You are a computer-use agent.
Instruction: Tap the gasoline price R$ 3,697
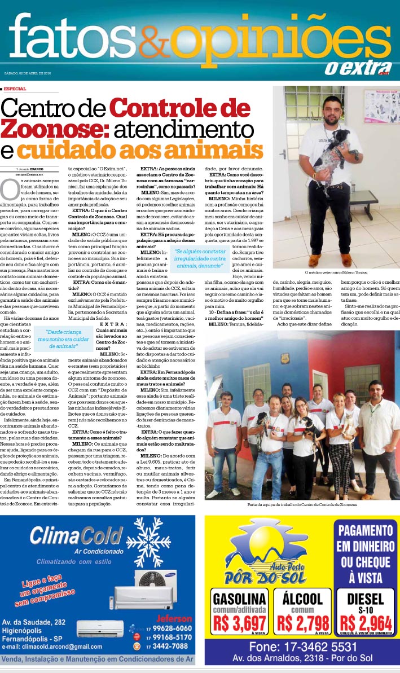(239, 622)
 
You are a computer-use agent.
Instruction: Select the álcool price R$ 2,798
(303, 622)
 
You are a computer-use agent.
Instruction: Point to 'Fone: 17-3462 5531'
(303, 646)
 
